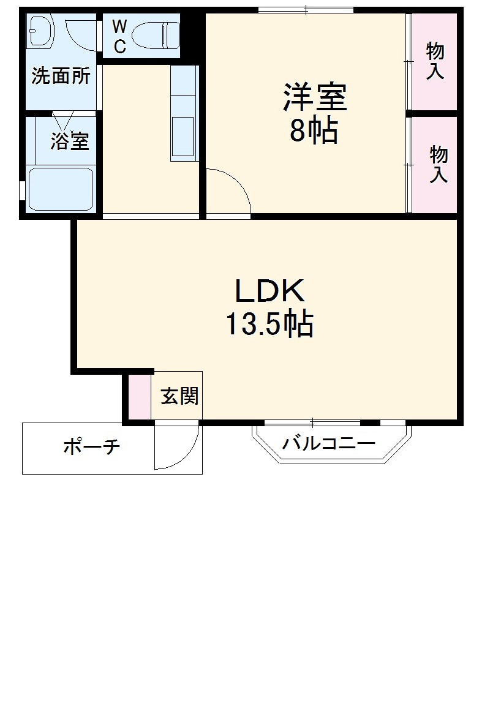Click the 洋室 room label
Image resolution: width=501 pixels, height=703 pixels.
pos(315,98)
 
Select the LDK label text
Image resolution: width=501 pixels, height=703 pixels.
pos(270,291)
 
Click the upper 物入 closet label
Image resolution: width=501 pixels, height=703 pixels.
pos(435,60)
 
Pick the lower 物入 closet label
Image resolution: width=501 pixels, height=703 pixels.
pos(438,164)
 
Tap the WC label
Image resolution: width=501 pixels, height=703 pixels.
pos(119,36)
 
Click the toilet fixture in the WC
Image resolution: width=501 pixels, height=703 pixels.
pos(156,35)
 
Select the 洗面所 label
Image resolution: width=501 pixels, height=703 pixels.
pos(61,77)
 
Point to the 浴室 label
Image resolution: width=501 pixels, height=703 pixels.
pos(69,141)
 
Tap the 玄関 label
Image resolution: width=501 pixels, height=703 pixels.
pos(179,396)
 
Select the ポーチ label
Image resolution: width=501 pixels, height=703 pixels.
pos(91,448)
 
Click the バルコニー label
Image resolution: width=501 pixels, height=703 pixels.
pos(328,443)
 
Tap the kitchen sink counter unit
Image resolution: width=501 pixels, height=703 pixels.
pos(184,113)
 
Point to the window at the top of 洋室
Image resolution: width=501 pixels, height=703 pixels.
pos(306,10)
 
